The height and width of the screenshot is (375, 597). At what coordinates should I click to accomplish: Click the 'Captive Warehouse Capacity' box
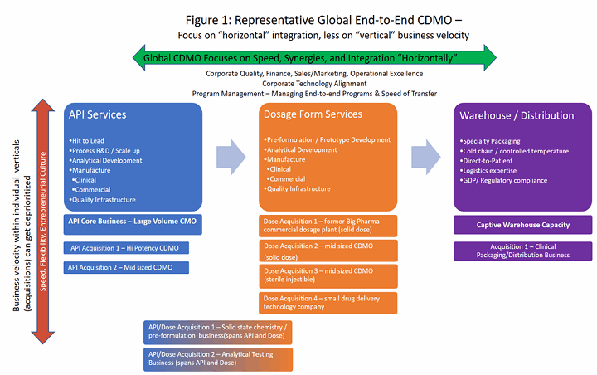pos(522,225)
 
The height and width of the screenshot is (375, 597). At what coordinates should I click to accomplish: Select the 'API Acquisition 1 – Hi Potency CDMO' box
pos(127,247)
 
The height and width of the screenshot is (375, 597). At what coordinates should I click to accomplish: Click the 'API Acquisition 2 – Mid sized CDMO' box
pos(127,267)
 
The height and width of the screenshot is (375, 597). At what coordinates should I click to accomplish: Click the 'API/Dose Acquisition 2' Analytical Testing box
pos(217,358)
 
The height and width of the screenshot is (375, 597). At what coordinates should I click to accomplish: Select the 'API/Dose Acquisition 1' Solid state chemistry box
pos(217,333)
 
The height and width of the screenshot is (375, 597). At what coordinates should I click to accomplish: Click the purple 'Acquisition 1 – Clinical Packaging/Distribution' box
pos(522,251)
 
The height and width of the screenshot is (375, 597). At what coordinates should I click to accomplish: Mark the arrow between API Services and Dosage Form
pos(231,155)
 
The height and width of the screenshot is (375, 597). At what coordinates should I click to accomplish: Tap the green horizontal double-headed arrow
pos(315,56)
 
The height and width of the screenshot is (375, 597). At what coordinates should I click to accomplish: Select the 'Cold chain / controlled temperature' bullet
pos(515,151)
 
